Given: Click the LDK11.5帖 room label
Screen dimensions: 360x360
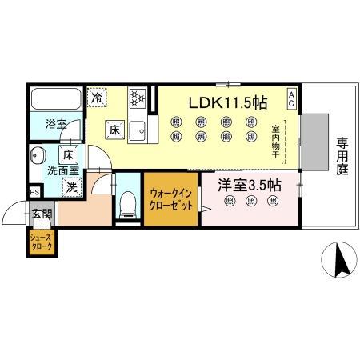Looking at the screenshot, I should pos(227,102).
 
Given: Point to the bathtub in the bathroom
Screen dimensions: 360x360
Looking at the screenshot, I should pos(54,102).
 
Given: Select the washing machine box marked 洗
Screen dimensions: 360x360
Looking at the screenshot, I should pos(71,188).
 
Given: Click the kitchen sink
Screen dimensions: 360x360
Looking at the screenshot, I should pos(137,127).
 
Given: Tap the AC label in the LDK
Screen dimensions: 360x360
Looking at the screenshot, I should pos(292,99).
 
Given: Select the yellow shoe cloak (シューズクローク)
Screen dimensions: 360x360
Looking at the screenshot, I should pos(41,243).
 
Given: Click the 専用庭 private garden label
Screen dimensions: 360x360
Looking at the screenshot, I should pos(342,156).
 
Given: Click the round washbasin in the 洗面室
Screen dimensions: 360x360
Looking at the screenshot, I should pos(37,155).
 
